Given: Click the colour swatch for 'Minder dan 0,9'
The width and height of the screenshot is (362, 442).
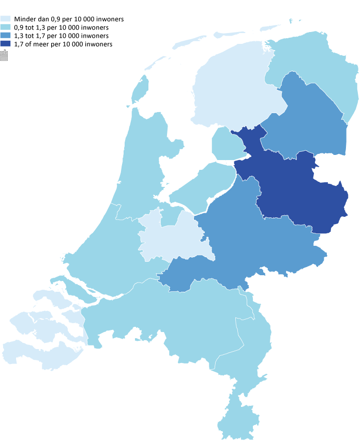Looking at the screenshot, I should pos(5,19).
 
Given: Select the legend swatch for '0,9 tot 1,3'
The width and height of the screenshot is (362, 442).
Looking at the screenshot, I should pos(5,27).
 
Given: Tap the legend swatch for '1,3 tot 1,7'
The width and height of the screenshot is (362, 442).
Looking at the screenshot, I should pos(5,36).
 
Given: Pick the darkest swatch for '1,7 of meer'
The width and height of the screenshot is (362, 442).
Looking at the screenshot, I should pos(5,44).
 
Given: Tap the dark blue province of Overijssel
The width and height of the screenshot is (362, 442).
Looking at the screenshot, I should pos(295,191).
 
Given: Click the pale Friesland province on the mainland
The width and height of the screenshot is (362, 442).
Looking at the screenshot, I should pos(233,88).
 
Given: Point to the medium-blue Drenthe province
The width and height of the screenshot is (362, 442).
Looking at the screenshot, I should pos(305,119).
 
